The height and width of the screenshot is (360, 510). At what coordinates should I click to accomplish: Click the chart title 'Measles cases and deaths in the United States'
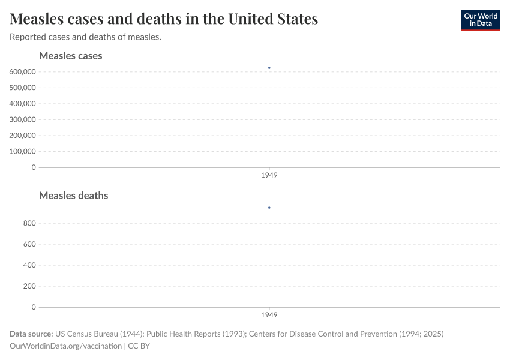tap(164, 19)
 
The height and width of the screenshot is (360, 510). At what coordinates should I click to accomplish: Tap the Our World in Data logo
tap(480, 20)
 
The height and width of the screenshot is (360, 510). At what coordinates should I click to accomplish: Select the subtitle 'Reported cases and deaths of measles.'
tap(85, 37)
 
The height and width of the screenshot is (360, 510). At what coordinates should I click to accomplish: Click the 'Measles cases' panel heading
tap(70, 56)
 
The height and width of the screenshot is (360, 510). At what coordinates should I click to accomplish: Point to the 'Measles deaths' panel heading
tap(73, 196)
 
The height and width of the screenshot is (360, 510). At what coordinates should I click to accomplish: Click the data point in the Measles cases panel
tap(269, 68)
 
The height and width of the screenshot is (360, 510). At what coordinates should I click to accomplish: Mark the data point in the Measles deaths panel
tap(269, 208)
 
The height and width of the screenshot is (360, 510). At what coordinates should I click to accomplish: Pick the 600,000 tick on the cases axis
tap(23, 71)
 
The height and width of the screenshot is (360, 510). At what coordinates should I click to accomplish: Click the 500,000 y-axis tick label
tap(23, 88)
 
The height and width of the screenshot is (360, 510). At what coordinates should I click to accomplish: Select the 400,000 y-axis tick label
tap(23, 103)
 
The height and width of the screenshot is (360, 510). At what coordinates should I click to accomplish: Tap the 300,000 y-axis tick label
tap(23, 119)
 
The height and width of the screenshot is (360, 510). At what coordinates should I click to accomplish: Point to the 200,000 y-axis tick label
tap(23, 136)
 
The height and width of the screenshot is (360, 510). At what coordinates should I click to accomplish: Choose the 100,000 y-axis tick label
tap(23, 151)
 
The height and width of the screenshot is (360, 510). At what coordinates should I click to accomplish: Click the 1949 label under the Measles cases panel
tap(269, 176)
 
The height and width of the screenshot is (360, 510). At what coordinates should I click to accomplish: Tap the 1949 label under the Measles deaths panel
tap(269, 315)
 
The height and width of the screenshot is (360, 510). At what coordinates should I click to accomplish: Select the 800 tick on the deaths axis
tap(29, 223)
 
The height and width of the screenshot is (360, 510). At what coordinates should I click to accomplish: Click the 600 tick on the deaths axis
tap(29, 244)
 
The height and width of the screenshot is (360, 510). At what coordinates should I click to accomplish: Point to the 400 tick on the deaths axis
tap(29, 265)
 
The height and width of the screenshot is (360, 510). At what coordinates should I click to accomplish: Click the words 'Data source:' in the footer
tap(31, 334)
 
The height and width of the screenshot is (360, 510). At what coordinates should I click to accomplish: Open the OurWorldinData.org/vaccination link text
tap(65, 346)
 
